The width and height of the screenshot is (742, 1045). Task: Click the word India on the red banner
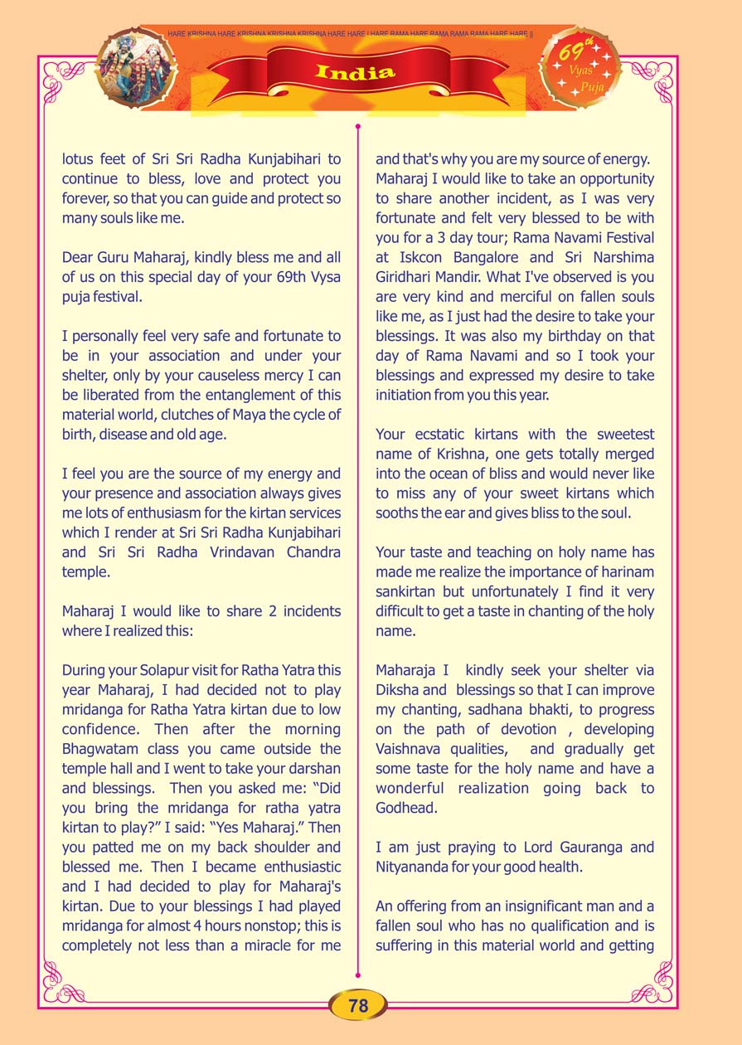pyautogui.click(x=355, y=72)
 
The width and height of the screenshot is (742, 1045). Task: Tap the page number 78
pyautogui.click(x=358, y=1005)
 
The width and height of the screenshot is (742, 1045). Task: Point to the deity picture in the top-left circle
pyautogui.click(x=137, y=69)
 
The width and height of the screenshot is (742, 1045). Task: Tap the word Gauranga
pyautogui.click(x=616, y=848)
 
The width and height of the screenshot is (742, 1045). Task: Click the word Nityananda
pyautogui.click(x=416, y=868)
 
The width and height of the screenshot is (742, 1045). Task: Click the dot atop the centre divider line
pyautogui.click(x=357, y=127)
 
